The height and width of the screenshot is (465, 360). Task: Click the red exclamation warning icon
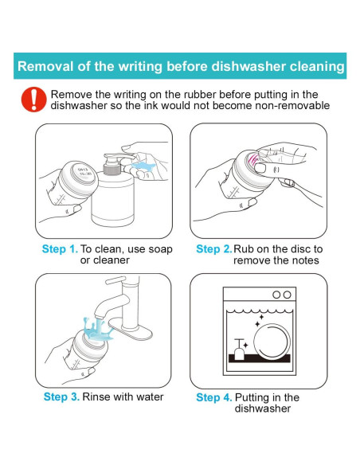point(33,100)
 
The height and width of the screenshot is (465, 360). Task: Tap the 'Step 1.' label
point(60,248)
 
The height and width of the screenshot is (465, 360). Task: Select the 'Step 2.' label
point(214,248)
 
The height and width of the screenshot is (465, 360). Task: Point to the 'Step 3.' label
point(61,397)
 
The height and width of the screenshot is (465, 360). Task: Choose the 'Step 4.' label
point(214,397)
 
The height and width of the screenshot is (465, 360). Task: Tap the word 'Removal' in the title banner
point(45,66)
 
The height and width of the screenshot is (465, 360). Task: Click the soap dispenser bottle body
point(112,199)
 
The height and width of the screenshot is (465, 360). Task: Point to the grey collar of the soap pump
point(112,169)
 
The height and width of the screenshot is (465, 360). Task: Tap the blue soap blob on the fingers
point(143,166)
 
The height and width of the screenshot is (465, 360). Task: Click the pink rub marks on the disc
point(252,158)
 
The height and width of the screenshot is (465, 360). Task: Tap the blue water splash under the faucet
point(97,330)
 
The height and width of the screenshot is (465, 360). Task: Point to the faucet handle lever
point(115,280)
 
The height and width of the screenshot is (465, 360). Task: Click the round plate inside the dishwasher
point(272,341)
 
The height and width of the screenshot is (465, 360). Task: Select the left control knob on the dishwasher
point(276,295)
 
